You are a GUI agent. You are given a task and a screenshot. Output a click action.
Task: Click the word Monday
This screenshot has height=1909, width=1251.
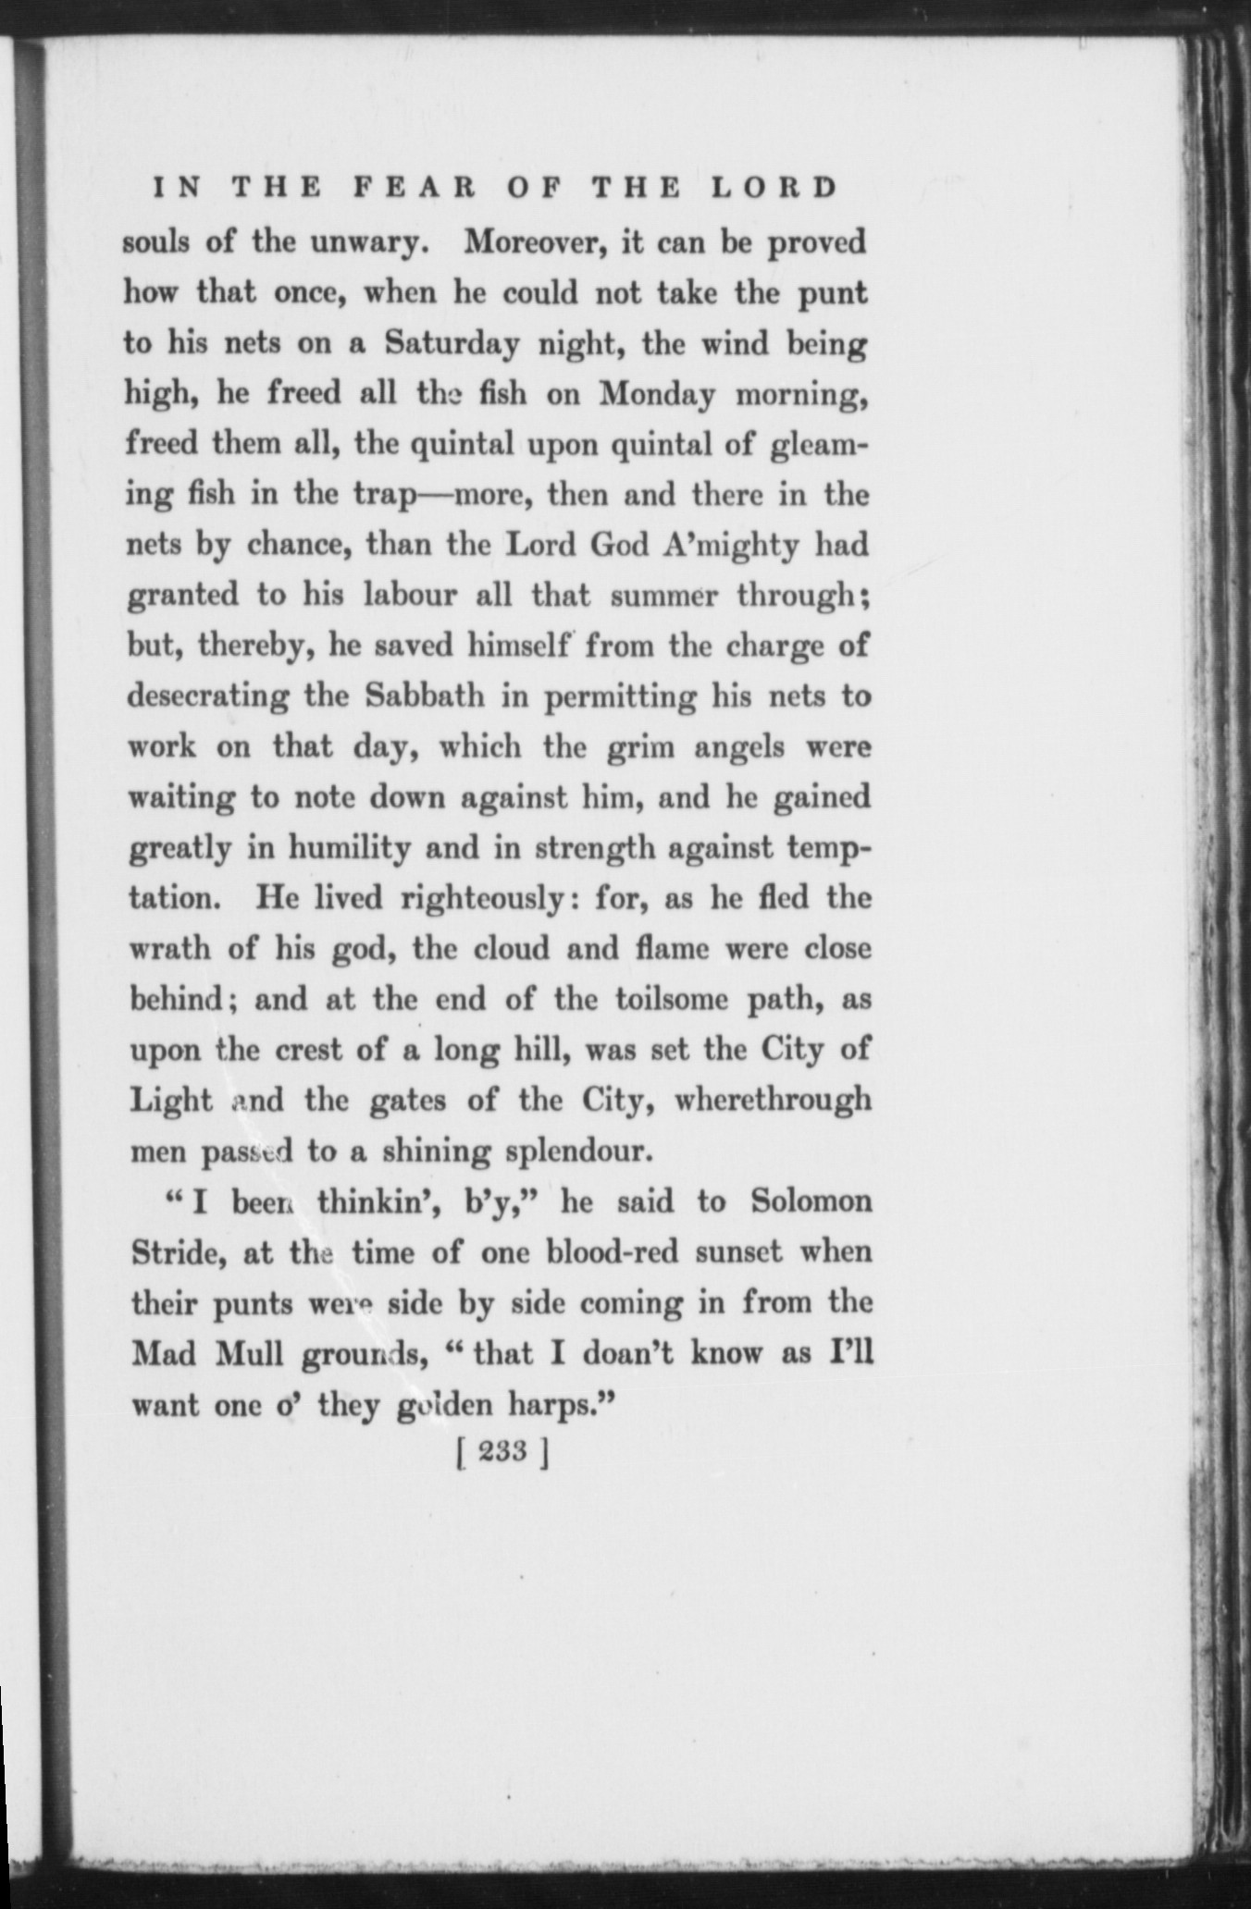point(657,395)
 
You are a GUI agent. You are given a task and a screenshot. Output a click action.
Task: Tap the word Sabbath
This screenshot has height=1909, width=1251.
point(425,696)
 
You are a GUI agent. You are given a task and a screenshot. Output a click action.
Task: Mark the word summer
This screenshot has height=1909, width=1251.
point(663,596)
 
